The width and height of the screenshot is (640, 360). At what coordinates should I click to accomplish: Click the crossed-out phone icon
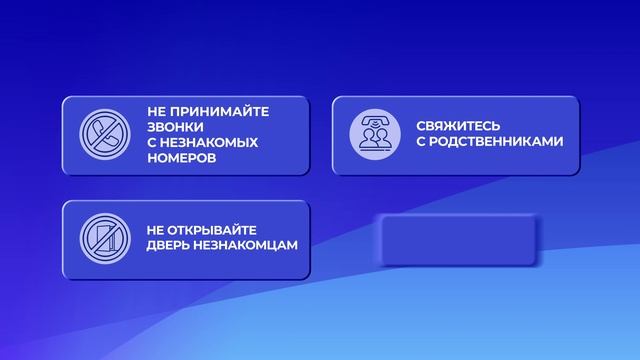98,135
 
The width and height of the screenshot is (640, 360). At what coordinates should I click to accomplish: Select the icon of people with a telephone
368,135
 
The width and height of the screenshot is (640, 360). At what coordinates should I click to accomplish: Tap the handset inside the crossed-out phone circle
98,135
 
